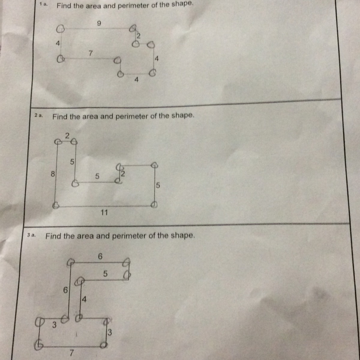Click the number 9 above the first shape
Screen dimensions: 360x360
coord(99,23)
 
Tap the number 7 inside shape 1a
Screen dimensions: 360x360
coord(90,53)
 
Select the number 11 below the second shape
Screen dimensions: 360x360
coord(104,212)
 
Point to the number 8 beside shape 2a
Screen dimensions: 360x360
coord(53,174)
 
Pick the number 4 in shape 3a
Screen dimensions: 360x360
coord(84,300)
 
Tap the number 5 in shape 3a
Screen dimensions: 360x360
coord(105,274)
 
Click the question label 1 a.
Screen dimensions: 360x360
coord(43,4)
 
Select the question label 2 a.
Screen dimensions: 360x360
coord(39,115)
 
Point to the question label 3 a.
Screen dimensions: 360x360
coord(31,235)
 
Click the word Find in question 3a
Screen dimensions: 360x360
coord(53,236)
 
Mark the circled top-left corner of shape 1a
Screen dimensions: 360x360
coord(61,29)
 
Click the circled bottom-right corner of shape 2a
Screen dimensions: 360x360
coord(154,205)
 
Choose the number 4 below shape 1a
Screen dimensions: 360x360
coord(136,80)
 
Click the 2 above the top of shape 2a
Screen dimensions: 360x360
coord(67,136)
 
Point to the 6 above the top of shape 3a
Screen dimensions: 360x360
coord(100,256)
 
